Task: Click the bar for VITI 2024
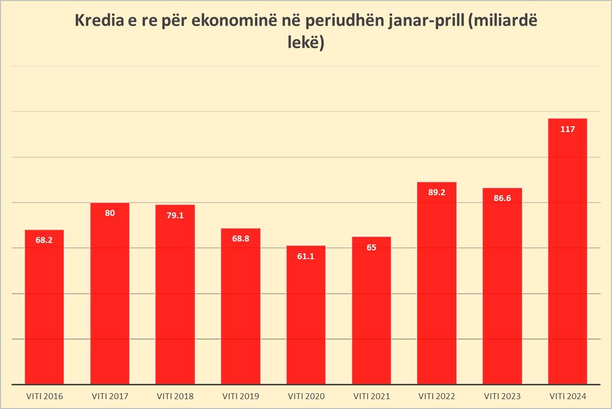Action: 567,251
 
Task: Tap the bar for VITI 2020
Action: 306,315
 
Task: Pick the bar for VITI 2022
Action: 437,283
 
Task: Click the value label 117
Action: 567,129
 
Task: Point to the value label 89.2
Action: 437,192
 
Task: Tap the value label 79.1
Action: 175,215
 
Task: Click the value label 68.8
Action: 240,239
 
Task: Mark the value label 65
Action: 371,247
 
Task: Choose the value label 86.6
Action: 502,199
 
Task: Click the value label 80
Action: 109,213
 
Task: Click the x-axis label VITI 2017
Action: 109,396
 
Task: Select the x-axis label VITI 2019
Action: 240,396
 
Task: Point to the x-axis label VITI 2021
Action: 371,396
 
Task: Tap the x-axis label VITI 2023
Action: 502,396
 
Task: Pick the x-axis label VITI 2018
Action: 175,396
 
